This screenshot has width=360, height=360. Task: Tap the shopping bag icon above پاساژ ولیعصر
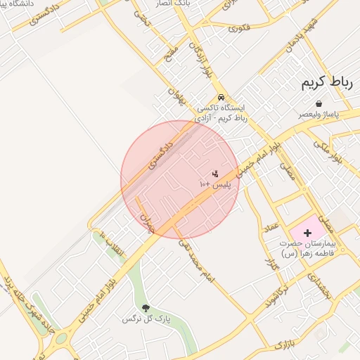319,103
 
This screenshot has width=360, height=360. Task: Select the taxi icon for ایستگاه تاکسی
221,98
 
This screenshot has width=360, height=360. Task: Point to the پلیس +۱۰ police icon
215,173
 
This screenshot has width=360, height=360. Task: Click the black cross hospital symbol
307,232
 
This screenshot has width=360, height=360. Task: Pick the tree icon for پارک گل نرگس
146,308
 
